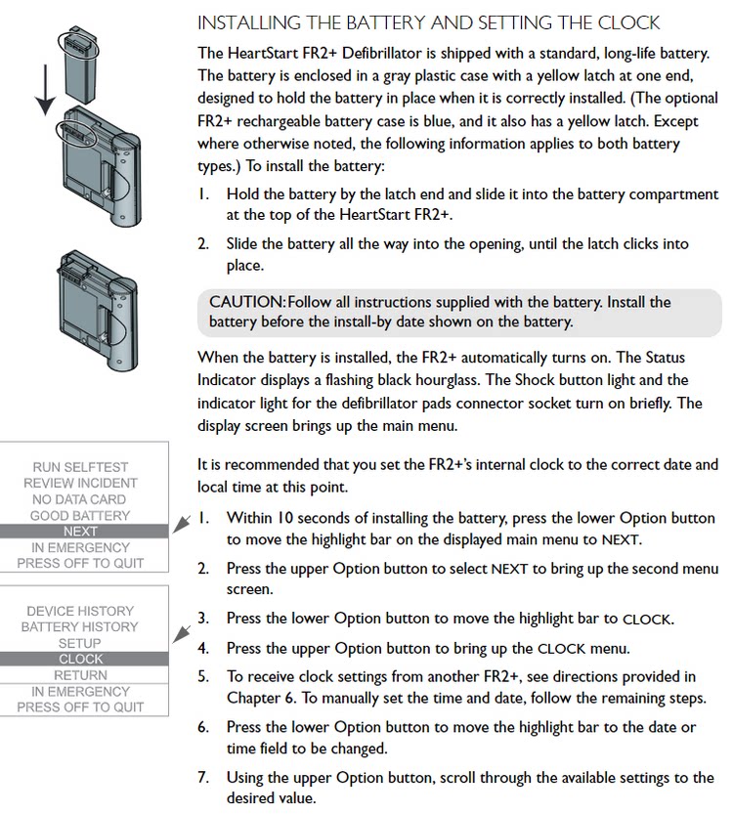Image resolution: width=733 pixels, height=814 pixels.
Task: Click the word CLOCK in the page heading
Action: [628, 22]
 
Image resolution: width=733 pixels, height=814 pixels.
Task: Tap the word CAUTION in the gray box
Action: [247, 302]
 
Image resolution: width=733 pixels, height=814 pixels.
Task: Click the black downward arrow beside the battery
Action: [46, 89]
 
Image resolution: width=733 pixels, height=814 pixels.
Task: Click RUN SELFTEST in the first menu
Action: [80, 467]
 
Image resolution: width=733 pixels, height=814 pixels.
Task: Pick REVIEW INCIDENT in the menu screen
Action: [80, 484]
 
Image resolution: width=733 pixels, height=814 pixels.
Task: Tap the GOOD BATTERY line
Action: [80, 516]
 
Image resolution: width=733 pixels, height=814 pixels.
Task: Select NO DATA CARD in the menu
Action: [79, 499]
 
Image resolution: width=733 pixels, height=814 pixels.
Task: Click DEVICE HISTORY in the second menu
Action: [80, 611]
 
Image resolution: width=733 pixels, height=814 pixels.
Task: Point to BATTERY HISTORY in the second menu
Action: [80, 627]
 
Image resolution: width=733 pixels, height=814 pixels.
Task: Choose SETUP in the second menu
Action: [79, 643]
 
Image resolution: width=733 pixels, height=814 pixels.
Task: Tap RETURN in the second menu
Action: [80, 675]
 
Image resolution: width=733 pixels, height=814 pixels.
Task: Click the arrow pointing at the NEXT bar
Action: [182, 524]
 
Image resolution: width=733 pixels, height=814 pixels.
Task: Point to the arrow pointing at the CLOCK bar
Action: [182, 634]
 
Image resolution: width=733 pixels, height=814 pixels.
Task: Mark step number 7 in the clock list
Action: [203, 778]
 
